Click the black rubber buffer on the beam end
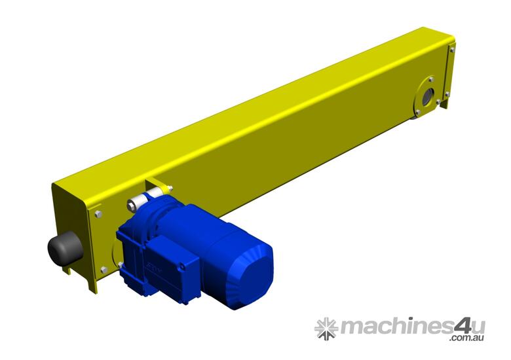[64, 249]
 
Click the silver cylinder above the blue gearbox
[145, 198]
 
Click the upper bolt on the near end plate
[98, 213]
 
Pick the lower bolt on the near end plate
[103, 269]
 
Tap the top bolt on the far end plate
[451, 49]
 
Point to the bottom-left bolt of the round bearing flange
[416, 112]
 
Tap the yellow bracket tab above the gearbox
[157, 185]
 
